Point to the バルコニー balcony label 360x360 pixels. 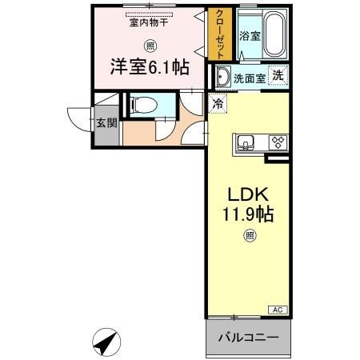[x=248, y=337]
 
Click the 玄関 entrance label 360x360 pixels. [x=106, y=123]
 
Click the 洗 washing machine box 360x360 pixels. [x=278, y=75]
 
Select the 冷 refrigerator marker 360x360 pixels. [x=218, y=102]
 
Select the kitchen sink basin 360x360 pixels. [x=246, y=144]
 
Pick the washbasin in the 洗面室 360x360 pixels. [x=222, y=78]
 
